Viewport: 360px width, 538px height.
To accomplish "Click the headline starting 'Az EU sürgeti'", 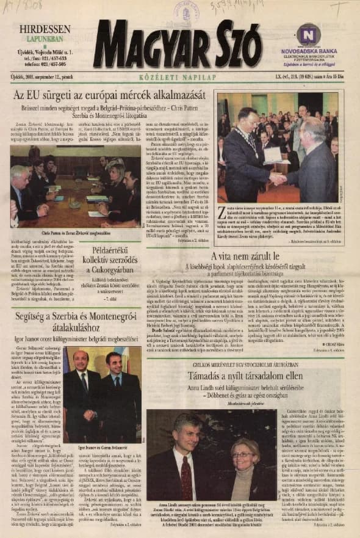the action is pos(110,98).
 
